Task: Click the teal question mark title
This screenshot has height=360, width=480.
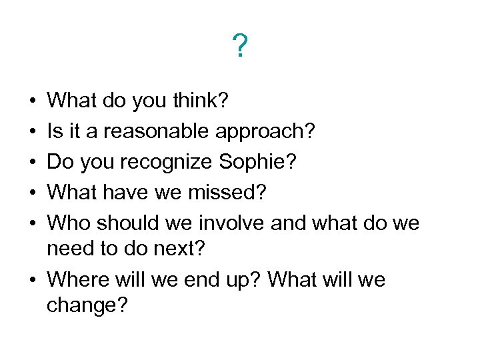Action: (x=240, y=47)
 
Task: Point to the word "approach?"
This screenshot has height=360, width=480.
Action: (x=266, y=131)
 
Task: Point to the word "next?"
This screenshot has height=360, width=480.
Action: (x=190, y=249)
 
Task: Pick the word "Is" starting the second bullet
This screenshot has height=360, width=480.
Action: (x=55, y=131)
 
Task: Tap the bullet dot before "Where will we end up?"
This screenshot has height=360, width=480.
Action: (x=33, y=280)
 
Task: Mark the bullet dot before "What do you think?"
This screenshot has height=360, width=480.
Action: (x=33, y=101)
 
